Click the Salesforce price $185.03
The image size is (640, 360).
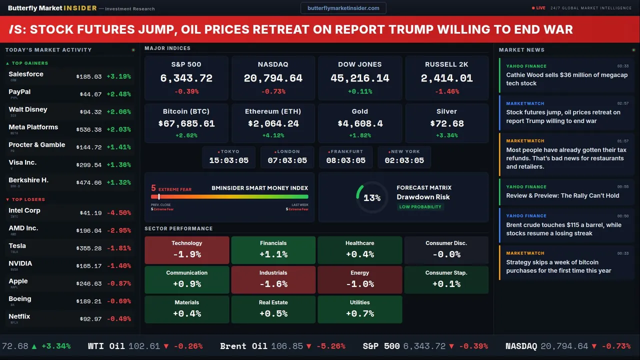pos(89,77)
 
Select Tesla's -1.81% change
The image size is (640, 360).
pos(119,248)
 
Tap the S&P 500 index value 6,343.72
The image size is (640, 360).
pos(186,78)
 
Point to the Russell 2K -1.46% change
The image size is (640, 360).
pos(446,92)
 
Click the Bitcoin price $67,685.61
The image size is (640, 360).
pos(186,123)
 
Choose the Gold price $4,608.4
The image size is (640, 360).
pos(360,123)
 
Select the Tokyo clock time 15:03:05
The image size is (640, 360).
pos(229,160)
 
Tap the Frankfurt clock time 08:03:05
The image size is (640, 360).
pos(346,160)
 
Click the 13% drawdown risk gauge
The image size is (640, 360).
pos(371,198)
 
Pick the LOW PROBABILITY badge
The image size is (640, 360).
pos(420,207)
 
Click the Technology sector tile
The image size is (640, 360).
pos(187,250)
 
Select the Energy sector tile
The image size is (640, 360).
pos(360,279)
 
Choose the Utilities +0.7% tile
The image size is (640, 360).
pos(360,309)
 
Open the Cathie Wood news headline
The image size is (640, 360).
pos(566,79)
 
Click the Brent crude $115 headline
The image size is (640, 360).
pos(563,229)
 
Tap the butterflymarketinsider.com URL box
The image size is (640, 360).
pos(343,8)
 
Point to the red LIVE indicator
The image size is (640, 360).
pos(539,8)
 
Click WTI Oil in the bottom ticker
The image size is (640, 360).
pos(106,346)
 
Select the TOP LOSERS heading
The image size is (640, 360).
pos(28,199)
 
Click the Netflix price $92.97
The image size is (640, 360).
pos(90,319)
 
